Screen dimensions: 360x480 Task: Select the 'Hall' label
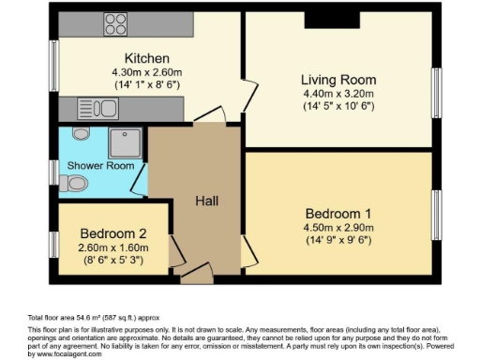click(207, 202)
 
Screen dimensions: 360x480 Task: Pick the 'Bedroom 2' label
click(113, 232)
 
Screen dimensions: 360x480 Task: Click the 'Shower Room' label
click(94, 166)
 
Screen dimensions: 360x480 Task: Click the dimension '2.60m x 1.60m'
click(113, 247)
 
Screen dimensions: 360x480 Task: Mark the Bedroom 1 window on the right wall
click(436, 215)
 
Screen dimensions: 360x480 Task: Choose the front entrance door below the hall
click(197, 274)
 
